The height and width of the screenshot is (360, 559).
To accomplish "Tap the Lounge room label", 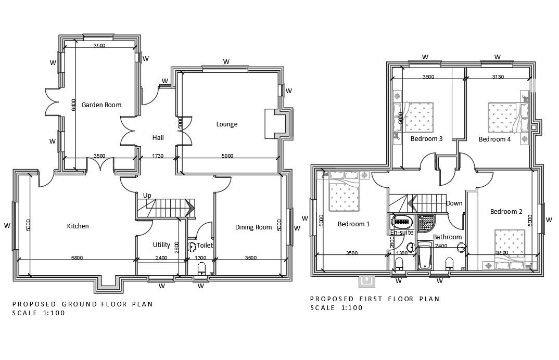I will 227,124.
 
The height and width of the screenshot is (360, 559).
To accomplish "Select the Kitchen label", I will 78,226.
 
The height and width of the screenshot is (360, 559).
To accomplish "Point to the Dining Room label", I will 253,227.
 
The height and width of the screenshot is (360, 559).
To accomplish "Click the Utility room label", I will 161,245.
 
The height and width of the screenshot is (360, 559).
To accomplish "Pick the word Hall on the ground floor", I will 158,138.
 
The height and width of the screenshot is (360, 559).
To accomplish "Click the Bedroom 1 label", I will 353,224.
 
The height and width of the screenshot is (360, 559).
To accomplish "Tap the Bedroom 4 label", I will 495,139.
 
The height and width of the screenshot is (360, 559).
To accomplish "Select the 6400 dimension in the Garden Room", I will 74,106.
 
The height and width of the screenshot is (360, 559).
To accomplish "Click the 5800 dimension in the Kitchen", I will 77,258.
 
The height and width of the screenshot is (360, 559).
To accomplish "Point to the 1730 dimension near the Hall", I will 158,156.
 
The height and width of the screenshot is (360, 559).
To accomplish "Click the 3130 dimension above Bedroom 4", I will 499,77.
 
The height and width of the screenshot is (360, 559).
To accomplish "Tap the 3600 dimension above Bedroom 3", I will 428,77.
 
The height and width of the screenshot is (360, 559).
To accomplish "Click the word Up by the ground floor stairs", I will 147,195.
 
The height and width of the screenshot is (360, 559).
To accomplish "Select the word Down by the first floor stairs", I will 454,203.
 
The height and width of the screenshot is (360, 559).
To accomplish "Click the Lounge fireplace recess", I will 274,124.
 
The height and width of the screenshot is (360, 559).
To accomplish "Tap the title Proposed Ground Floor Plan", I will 82,304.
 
